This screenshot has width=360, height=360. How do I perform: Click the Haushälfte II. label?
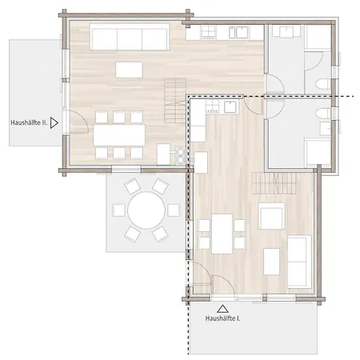29,122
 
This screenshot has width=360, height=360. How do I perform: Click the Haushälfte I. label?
222,318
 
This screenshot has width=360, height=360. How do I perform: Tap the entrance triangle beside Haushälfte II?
54,123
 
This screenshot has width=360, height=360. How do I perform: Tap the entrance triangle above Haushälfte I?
222,309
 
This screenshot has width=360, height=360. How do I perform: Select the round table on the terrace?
146,210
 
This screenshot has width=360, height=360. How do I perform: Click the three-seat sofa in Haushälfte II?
130,37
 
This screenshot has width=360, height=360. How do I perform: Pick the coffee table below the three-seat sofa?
130,70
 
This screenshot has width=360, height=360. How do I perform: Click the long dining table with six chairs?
119,135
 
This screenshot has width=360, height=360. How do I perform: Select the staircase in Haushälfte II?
175,100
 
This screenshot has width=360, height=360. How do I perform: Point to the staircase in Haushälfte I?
274,183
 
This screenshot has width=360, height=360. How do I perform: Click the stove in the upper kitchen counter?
209,33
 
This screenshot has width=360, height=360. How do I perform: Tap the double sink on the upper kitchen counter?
238,33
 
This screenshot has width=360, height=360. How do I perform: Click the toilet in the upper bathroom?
323,84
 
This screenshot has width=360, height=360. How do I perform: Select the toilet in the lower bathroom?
323,114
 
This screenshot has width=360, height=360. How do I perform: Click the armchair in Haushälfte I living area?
271,216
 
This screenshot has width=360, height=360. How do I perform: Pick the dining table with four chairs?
222,234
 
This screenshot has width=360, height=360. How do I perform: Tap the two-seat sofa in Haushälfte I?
300,262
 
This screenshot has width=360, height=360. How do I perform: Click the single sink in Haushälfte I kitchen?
231,107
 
